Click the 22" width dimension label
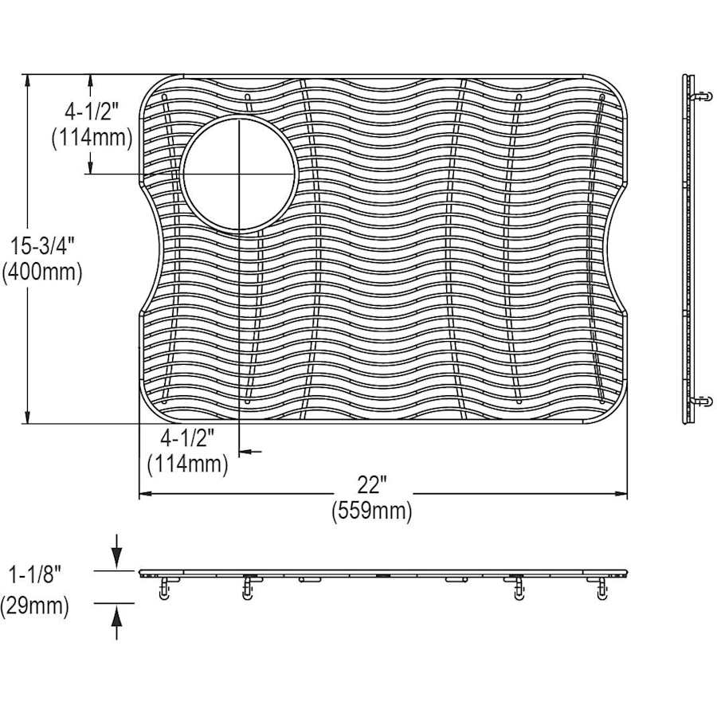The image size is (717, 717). point(372,484)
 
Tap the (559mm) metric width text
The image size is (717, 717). point(372,511)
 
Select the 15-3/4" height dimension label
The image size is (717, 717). point(42,247)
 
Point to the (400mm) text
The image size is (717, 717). point(42,272)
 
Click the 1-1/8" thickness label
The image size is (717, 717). point(35,575)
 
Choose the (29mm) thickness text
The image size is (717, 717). point(35,606)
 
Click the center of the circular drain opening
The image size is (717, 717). point(239,174)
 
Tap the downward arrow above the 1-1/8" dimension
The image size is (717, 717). point(117,551)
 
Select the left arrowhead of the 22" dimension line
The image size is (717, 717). point(146,493)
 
